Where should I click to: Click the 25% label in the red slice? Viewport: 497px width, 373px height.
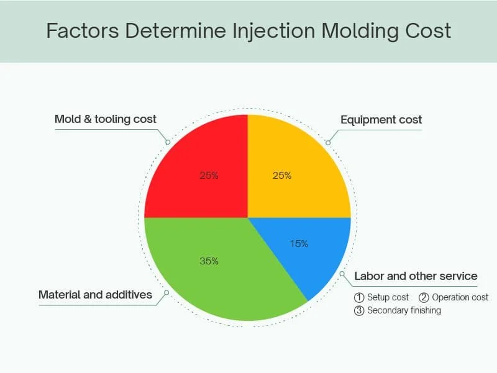(209, 176)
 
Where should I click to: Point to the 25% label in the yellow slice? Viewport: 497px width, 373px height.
(282, 176)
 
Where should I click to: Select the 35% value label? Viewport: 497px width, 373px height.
(209, 261)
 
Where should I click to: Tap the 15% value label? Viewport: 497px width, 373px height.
(299, 244)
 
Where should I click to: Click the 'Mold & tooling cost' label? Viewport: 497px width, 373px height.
(106, 119)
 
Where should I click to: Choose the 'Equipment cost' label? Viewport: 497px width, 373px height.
(381, 120)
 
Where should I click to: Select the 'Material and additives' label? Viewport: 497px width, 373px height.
(95, 295)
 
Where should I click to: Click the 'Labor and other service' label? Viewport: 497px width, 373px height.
(416, 276)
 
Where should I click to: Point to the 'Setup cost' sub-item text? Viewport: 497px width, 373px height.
(388, 297)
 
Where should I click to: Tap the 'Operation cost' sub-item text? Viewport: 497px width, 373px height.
(460, 297)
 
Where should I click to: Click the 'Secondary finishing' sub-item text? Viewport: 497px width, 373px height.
(404, 310)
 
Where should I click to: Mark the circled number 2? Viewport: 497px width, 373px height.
(424, 297)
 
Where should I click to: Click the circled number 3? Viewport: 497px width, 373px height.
(359, 310)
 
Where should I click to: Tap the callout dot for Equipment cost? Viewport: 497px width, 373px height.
(328, 142)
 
